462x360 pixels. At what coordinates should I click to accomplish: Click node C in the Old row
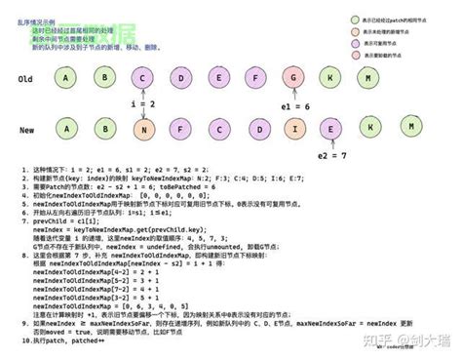(x=143, y=78)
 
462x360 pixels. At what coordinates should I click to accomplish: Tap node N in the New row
(x=143, y=127)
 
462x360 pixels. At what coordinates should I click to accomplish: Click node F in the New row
(x=181, y=127)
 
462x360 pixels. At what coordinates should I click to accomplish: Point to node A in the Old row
(x=66, y=78)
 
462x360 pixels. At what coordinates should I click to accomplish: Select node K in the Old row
(x=332, y=78)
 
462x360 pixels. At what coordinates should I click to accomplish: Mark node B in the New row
(x=104, y=127)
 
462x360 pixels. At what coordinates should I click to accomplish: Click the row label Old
(x=27, y=80)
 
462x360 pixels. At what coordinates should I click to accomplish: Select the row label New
(x=27, y=128)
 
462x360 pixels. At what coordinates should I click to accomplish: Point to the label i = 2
(x=143, y=102)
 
